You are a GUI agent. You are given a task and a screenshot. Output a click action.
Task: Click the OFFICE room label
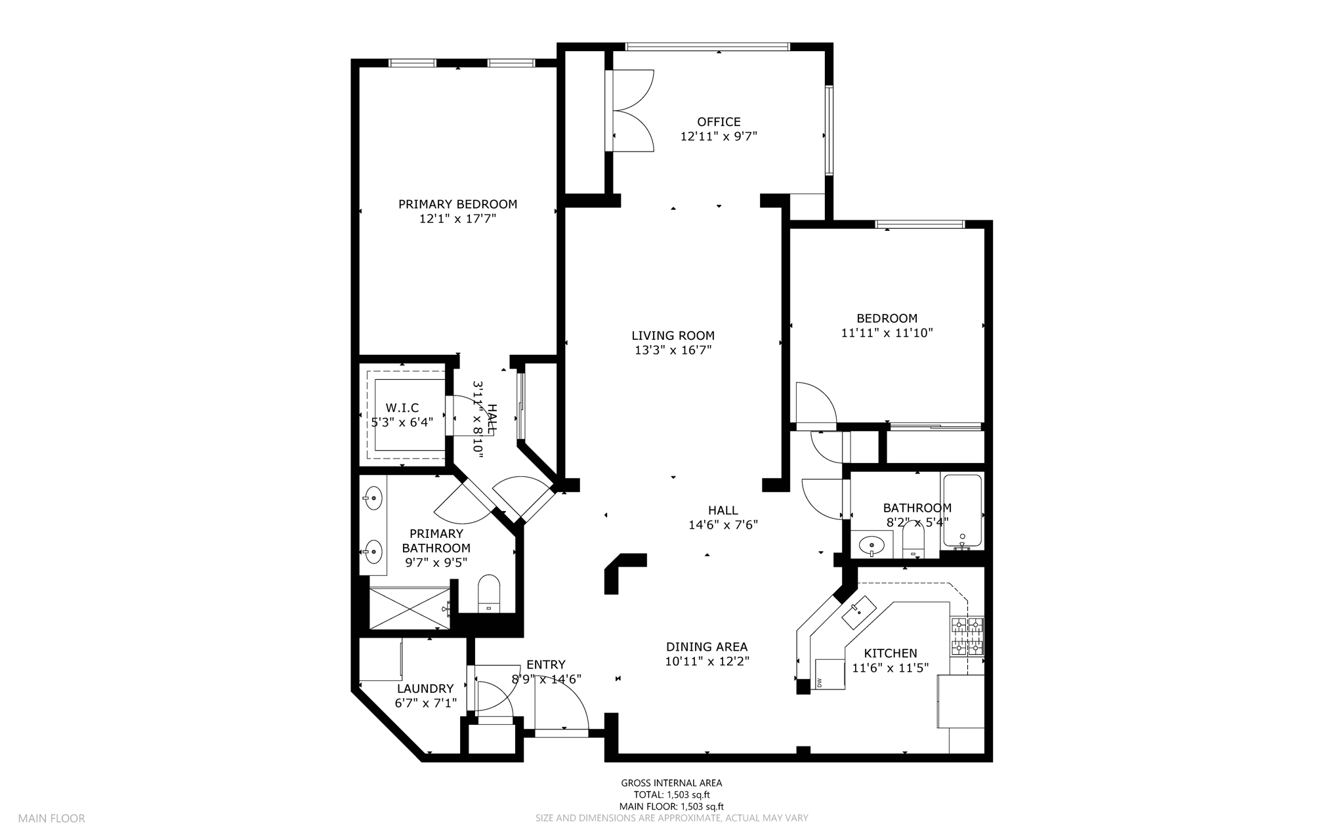[x=719, y=122]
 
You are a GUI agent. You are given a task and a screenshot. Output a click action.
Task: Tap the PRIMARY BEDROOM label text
[x=457, y=204]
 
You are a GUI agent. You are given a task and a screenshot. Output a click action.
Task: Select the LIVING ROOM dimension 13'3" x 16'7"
[x=673, y=350]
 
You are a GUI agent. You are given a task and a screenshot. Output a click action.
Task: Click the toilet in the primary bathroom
[x=489, y=592]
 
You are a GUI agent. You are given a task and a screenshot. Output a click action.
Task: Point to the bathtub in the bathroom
[x=962, y=511]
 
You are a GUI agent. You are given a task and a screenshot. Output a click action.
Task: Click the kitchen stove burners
[x=967, y=636]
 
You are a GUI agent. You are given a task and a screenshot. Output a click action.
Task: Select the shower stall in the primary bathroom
[x=409, y=609]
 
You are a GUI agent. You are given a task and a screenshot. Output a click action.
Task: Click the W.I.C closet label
[x=402, y=408]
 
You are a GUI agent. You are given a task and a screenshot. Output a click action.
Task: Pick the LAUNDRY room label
[x=425, y=689]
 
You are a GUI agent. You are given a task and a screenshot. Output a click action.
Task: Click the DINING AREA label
[x=707, y=647]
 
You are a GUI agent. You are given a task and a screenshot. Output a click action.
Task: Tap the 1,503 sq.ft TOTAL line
[x=671, y=795]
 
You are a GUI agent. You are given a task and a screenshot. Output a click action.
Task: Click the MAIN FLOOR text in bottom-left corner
[x=51, y=819]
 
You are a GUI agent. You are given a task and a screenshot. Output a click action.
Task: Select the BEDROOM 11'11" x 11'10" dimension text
[x=887, y=333]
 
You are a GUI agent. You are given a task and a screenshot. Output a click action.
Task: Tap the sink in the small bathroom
[x=872, y=544]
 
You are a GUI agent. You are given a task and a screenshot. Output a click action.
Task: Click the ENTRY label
[x=545, y=665]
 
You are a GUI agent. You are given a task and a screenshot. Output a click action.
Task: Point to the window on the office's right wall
[x=829, y=130]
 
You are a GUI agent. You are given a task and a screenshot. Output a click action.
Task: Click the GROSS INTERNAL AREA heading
[x=671, y=783]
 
